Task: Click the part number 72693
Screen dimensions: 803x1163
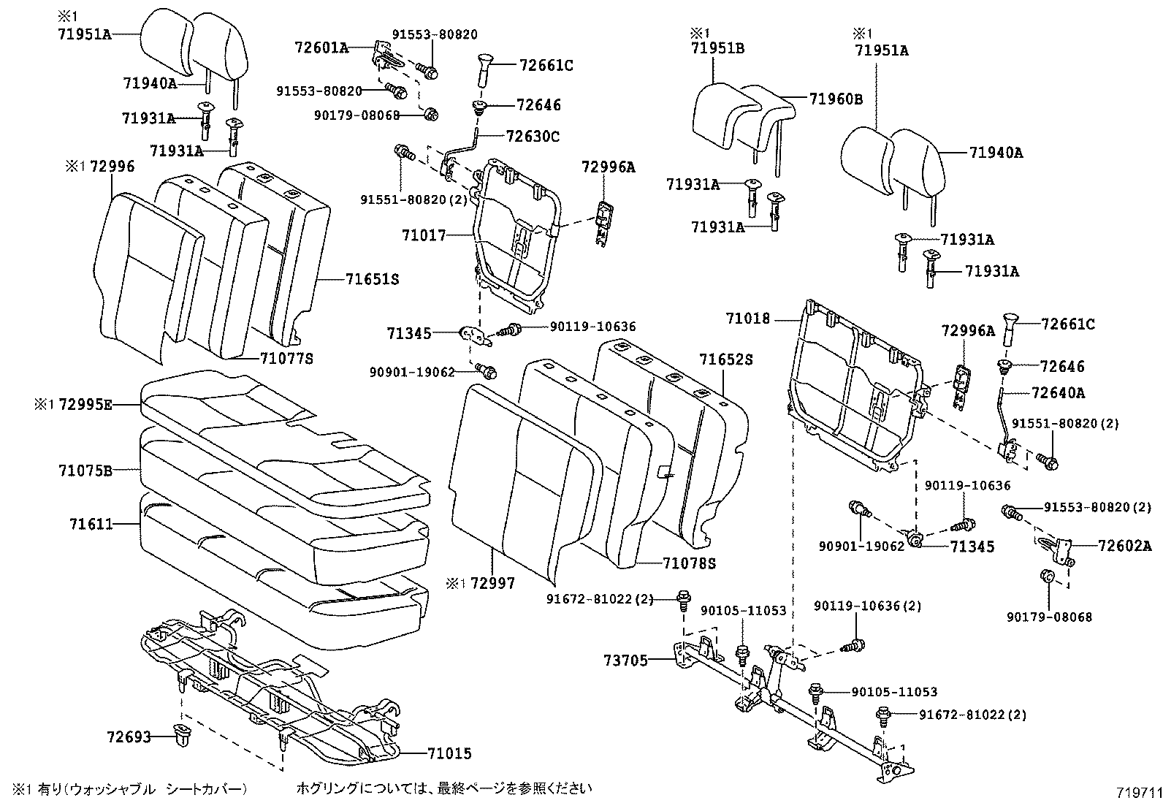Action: [129, 737]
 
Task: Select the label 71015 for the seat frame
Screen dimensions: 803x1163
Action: [449, 753]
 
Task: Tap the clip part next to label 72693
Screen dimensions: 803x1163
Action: [180, 737]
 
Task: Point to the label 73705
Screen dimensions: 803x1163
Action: [625, 661]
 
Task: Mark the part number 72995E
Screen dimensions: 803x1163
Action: [85, 403]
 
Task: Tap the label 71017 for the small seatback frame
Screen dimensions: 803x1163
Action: [423, 235]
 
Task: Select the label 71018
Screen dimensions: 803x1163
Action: [748, 319]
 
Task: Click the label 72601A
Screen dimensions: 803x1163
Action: [321, 47]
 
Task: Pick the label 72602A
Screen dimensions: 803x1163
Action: [1124, 545]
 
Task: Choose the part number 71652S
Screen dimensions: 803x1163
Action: [725, 359]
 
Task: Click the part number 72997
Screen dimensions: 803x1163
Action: [492, 583]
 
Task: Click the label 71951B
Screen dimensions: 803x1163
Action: [718, 48]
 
